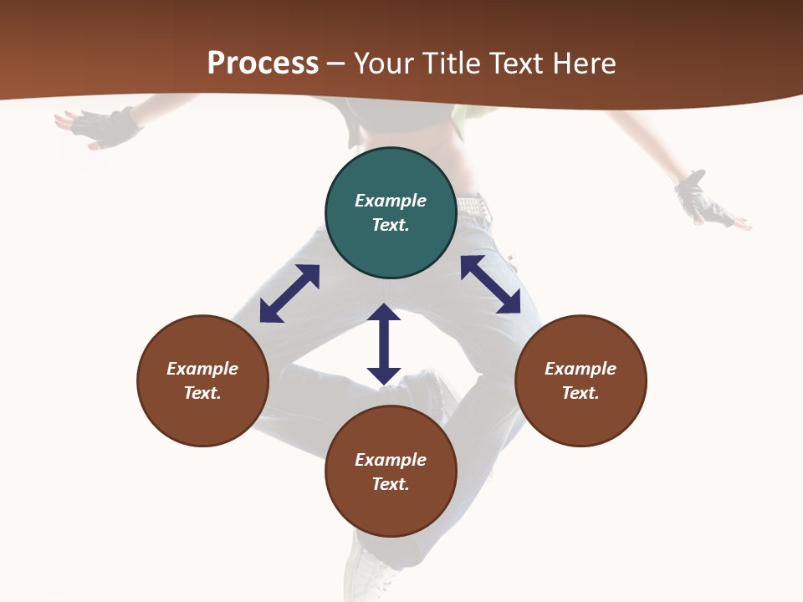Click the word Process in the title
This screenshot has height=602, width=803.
[263, 64]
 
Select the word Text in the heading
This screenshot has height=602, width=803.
[514, 64]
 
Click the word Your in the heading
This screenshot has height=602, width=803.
[385, 64]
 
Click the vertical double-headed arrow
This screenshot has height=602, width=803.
[384, 344]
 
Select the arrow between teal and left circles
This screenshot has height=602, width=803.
[289, 293]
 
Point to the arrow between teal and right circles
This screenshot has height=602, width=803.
[490, 284]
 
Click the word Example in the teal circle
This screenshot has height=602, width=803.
[391, 201]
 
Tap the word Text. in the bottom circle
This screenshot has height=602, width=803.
[391, 484]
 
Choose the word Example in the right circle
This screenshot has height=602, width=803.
[581, 369]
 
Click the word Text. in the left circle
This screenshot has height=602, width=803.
[202, 393]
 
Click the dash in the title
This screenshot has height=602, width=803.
[335, 64]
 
